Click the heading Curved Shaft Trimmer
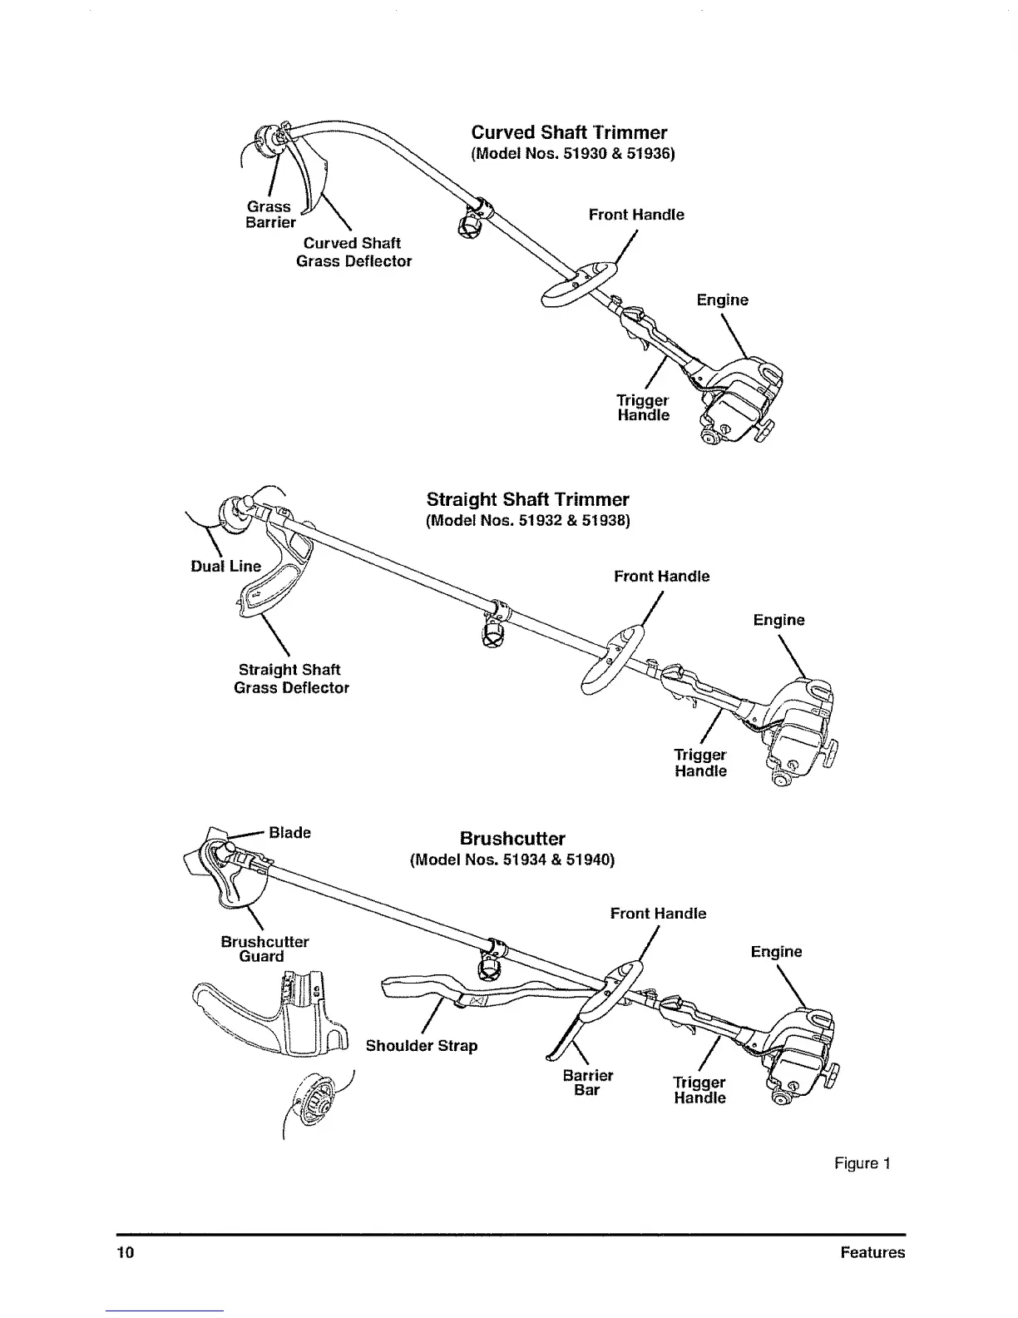coord(569,132)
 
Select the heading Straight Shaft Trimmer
coord(527,499)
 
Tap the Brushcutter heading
coord(512,838)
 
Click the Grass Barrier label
coord(270,214)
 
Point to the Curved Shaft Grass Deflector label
coord(353,251)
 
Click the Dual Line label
coord(225,566)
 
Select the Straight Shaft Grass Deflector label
coord(291,678)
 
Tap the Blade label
coord(289,832)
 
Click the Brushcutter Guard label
coord(264,949)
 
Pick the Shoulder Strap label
coord(422,1045)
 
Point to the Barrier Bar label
coord(587,1082)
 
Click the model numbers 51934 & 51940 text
coord(512,860)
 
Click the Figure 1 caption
coord(862,1162)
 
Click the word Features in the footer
coord(872,1252)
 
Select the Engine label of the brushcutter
coord(776,951)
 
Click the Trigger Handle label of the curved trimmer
coord(643,407)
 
